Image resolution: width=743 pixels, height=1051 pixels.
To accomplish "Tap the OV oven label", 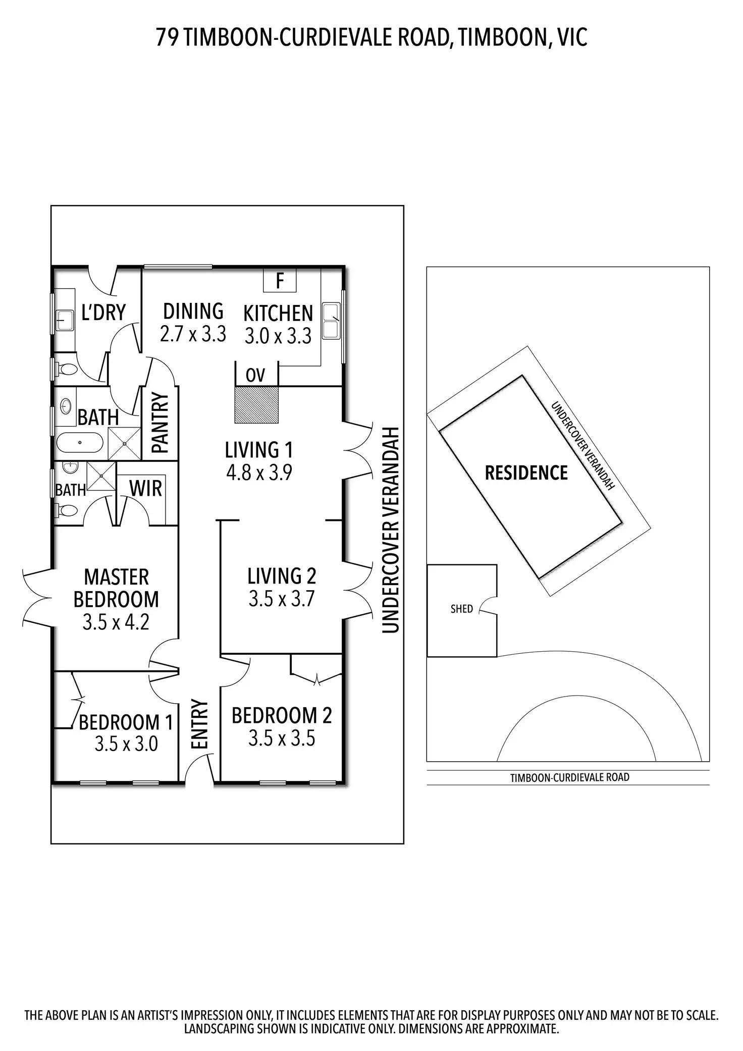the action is click(255, 375).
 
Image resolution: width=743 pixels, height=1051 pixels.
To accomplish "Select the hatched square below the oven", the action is click(256, 404).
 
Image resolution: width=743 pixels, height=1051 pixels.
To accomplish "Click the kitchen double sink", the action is click(331, 321).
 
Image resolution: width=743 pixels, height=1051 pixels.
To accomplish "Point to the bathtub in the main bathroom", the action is click(80, 443).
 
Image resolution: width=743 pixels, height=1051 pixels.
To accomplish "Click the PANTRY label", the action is click(160, 423).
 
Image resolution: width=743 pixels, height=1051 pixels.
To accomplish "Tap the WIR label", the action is click(146, 489).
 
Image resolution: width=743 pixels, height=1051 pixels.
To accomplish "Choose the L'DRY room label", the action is click(103, 312).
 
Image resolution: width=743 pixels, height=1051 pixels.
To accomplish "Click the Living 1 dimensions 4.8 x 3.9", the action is click(259, 473).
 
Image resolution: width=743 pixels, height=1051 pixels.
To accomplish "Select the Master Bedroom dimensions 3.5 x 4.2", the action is click(116, 622).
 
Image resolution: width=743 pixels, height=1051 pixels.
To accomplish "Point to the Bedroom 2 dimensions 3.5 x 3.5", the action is click(282, 738).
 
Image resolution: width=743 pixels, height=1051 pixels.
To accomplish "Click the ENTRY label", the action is click(200, 724).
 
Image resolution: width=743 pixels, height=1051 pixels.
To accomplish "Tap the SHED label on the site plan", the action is click(462, 609).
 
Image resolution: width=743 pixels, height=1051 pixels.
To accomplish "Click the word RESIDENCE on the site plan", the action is click(526, 473).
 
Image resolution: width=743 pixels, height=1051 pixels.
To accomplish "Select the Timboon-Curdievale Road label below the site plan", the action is click(570, 777).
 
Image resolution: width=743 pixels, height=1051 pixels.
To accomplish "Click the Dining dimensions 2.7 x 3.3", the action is click(193, 334).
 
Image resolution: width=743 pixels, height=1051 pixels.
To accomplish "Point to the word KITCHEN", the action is click(278, 313).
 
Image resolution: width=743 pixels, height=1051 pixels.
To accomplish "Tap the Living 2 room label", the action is click(282, 576).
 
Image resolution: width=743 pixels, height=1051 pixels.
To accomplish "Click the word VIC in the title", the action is click(572, 38).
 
